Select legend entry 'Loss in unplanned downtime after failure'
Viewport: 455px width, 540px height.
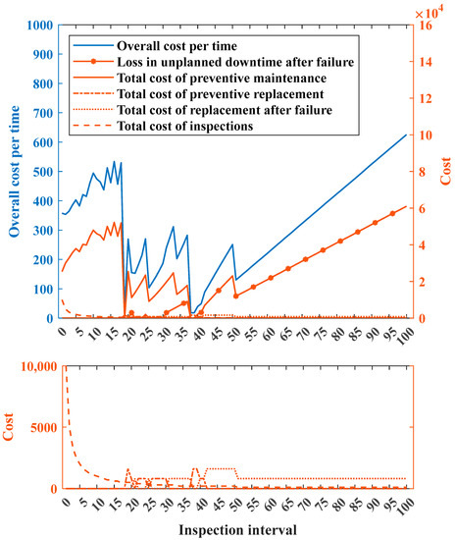coord(195,64)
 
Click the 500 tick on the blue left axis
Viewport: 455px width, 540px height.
coord(41,172)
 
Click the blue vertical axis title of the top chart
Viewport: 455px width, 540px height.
coord(14,172)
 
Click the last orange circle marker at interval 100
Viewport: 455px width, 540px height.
coord(405,207)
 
